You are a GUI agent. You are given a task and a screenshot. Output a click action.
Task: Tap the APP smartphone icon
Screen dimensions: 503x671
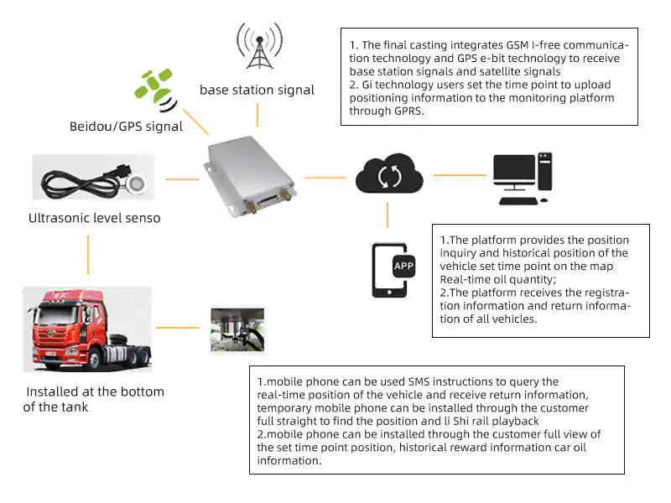tap(391, 270)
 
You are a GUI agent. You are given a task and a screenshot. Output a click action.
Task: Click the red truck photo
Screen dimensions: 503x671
tap(86, 329)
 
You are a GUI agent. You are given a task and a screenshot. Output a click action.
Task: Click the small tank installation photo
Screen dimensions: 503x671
tap(237, 329)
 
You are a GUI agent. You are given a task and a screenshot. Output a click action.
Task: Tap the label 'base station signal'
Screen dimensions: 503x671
tap(257, 90)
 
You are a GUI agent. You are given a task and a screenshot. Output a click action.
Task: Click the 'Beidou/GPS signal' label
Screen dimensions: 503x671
tap(126, 127)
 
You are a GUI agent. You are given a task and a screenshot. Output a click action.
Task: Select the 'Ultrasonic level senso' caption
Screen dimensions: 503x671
tap(94, 218)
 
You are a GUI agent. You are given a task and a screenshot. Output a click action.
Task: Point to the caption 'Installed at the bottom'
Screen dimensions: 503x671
tap(96, 392)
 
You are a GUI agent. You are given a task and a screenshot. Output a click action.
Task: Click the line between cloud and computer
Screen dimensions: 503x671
tap(460, 175)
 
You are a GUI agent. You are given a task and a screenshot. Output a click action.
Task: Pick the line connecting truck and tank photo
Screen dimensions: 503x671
tap(180, 328)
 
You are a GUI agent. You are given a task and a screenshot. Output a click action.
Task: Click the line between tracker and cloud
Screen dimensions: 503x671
tap(325, 177)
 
